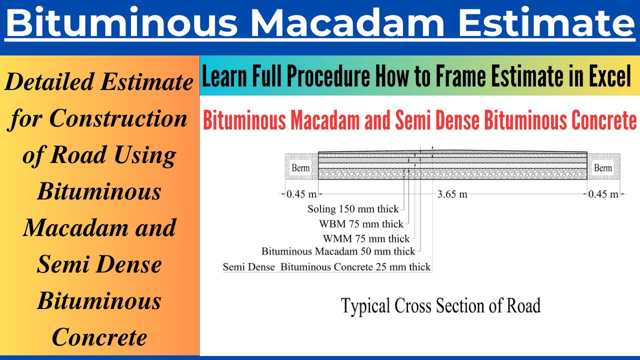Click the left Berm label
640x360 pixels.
coord(300,168)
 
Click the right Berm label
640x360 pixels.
coord(602,168)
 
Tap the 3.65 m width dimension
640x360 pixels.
coord(453,194)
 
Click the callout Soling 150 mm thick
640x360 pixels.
coord(353,209)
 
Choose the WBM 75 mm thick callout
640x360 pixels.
coord(361,223)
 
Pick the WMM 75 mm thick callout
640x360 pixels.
coord(366,238)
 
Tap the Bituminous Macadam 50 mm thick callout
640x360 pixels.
coord(338,252)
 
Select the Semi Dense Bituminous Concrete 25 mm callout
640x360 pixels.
coord(326,267)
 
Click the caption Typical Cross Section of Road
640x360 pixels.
coord(440,305)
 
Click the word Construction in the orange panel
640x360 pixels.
coord(118,118)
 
